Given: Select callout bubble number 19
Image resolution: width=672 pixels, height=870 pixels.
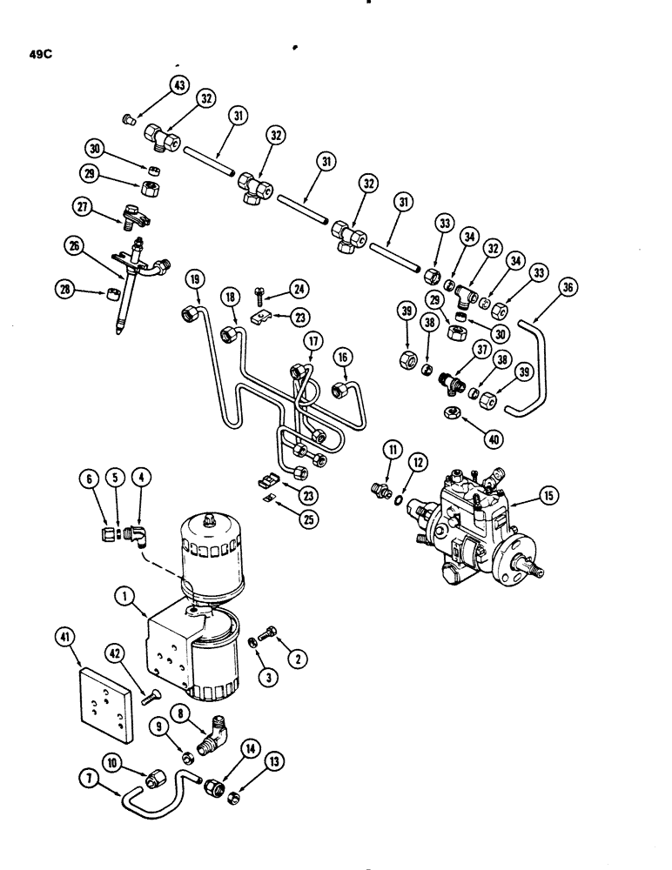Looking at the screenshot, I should point(193,279).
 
